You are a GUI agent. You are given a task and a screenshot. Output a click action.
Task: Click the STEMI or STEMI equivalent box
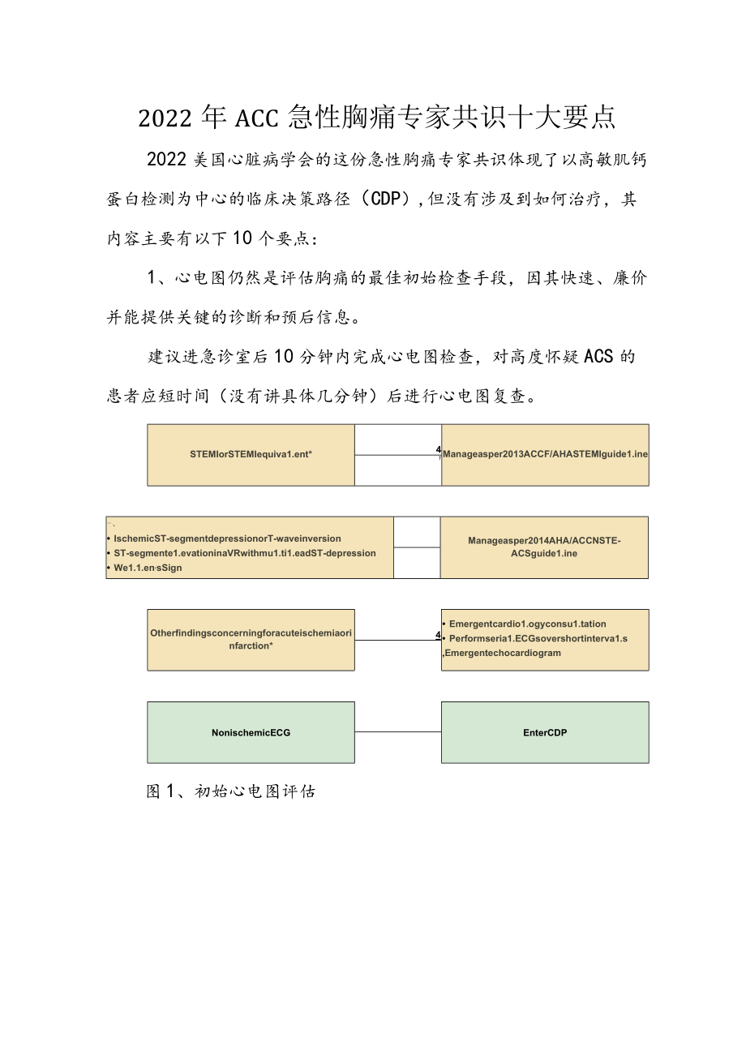pyautogui.click(x=251, y=454)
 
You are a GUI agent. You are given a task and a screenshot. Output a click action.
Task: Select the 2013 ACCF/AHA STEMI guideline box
pyautogui.click(x=545, y=454)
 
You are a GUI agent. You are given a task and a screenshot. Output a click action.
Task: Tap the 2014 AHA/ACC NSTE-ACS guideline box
pyautogui.click(x=544, y=547)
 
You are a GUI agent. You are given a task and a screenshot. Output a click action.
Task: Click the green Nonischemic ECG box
pyautogui.click(x=251, y=732)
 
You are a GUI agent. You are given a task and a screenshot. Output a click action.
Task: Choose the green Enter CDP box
pyautogui.click(x=545, y=732)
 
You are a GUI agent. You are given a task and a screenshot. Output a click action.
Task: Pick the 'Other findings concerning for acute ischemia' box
pyautogui.click(x=251, y=639)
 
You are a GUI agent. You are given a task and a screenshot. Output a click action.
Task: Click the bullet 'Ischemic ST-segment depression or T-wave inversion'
pyautogui.click(x=227, y=538)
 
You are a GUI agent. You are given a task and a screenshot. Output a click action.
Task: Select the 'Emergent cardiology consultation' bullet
pyautogui.click(x=527, y=624)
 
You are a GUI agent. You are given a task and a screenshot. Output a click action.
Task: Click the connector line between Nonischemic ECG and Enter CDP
pyautogui.click(x=397, y=732)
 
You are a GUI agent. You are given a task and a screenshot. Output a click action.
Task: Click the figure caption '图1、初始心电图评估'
pyautogui.click(x=230, y=791)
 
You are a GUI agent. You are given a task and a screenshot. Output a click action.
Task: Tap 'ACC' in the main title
pyautogui.click(x=256, y=118)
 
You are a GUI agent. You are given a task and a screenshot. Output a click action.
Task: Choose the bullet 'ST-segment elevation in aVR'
pyautogui.click(x=243, y=553)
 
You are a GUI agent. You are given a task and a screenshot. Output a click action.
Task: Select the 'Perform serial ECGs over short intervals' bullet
pyautogui.click(x=538, y=638)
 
